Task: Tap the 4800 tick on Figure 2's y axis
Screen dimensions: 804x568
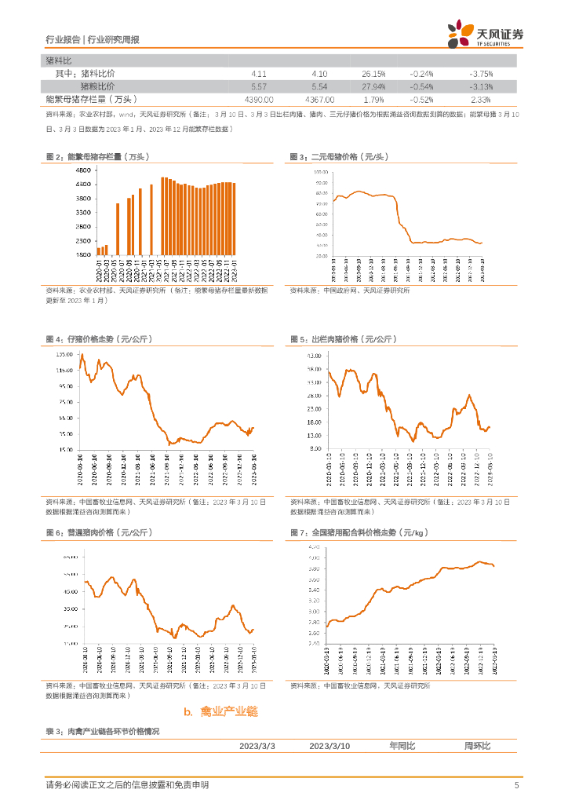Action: [x=82, y=170]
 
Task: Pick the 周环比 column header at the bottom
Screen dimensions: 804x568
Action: [x=477, y=745]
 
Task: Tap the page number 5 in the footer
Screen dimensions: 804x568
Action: [x=516, y=785]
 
